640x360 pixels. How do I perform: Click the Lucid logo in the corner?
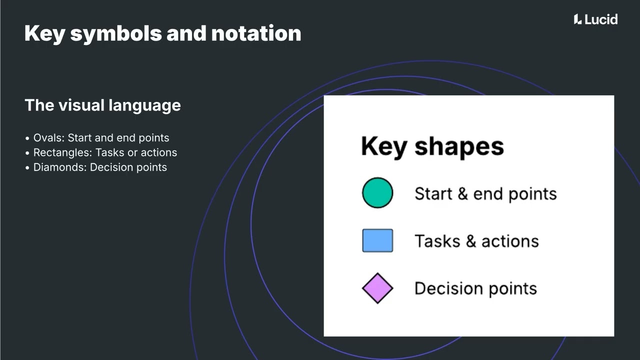(x=595, y=19)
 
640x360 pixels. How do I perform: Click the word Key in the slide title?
(x=43, y=33)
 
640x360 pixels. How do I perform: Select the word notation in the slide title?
(x=256, y=33)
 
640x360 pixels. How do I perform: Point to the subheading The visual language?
(x=102, y=105)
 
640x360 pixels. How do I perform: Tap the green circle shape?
(x=377, y=193)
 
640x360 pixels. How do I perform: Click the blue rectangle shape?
(x=377, y=240)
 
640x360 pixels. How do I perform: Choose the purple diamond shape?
(x=377, y=288)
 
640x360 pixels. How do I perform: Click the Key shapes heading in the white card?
(x=432, y=146)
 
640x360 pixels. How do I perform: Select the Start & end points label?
(x=485, y=193)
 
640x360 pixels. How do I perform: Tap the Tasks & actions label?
(x=476, y=241)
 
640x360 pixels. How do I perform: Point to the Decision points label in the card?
(x=475, y=288)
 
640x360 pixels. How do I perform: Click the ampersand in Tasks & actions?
(x=470, y=241)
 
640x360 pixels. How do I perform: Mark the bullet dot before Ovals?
(x=27, y=138)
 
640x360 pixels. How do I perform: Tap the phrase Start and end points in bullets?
(x=118, y=138)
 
